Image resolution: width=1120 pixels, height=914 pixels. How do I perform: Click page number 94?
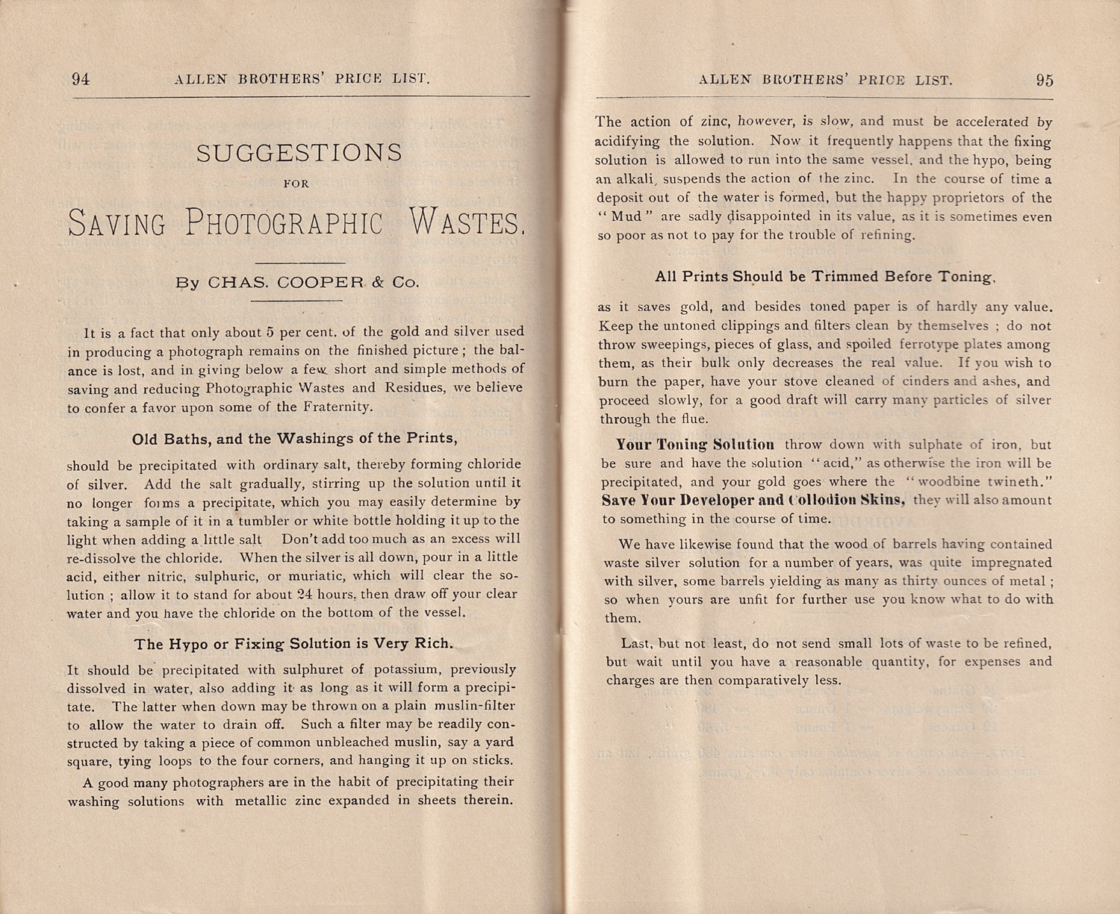[x=81, y=79]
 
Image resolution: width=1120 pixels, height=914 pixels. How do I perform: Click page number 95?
[x=1045, y=80]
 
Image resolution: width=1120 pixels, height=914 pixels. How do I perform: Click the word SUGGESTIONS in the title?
[x=299, y=153]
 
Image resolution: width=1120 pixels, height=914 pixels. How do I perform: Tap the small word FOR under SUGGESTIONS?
[x=297, y=183]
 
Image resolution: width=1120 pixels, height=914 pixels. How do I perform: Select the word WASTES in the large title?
[x=467, y=222]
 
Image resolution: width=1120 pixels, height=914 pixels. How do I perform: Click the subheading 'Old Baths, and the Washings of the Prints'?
[x=295, y=438]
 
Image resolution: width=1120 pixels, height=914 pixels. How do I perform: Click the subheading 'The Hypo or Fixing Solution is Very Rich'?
[x=293, y=643]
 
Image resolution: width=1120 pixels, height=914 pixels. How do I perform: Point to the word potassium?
[x=401, y=669]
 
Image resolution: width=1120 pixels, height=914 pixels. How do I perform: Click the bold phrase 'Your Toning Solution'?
[x=695, y=445]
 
